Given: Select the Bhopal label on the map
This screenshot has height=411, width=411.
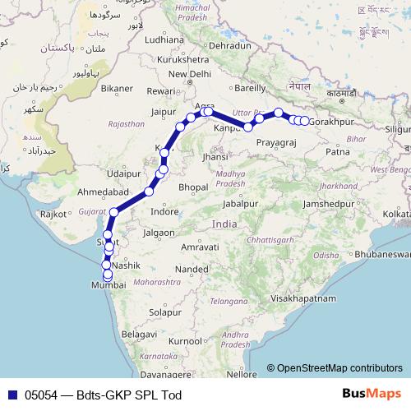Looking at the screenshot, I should point(192,187).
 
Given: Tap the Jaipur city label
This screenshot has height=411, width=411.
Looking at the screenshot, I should point(166,111).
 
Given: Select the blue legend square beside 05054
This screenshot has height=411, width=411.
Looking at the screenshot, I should point(10,395).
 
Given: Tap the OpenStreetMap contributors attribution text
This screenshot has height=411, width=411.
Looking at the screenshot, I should point(339,369).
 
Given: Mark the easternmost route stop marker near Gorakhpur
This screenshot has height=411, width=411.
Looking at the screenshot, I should point(304,121).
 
